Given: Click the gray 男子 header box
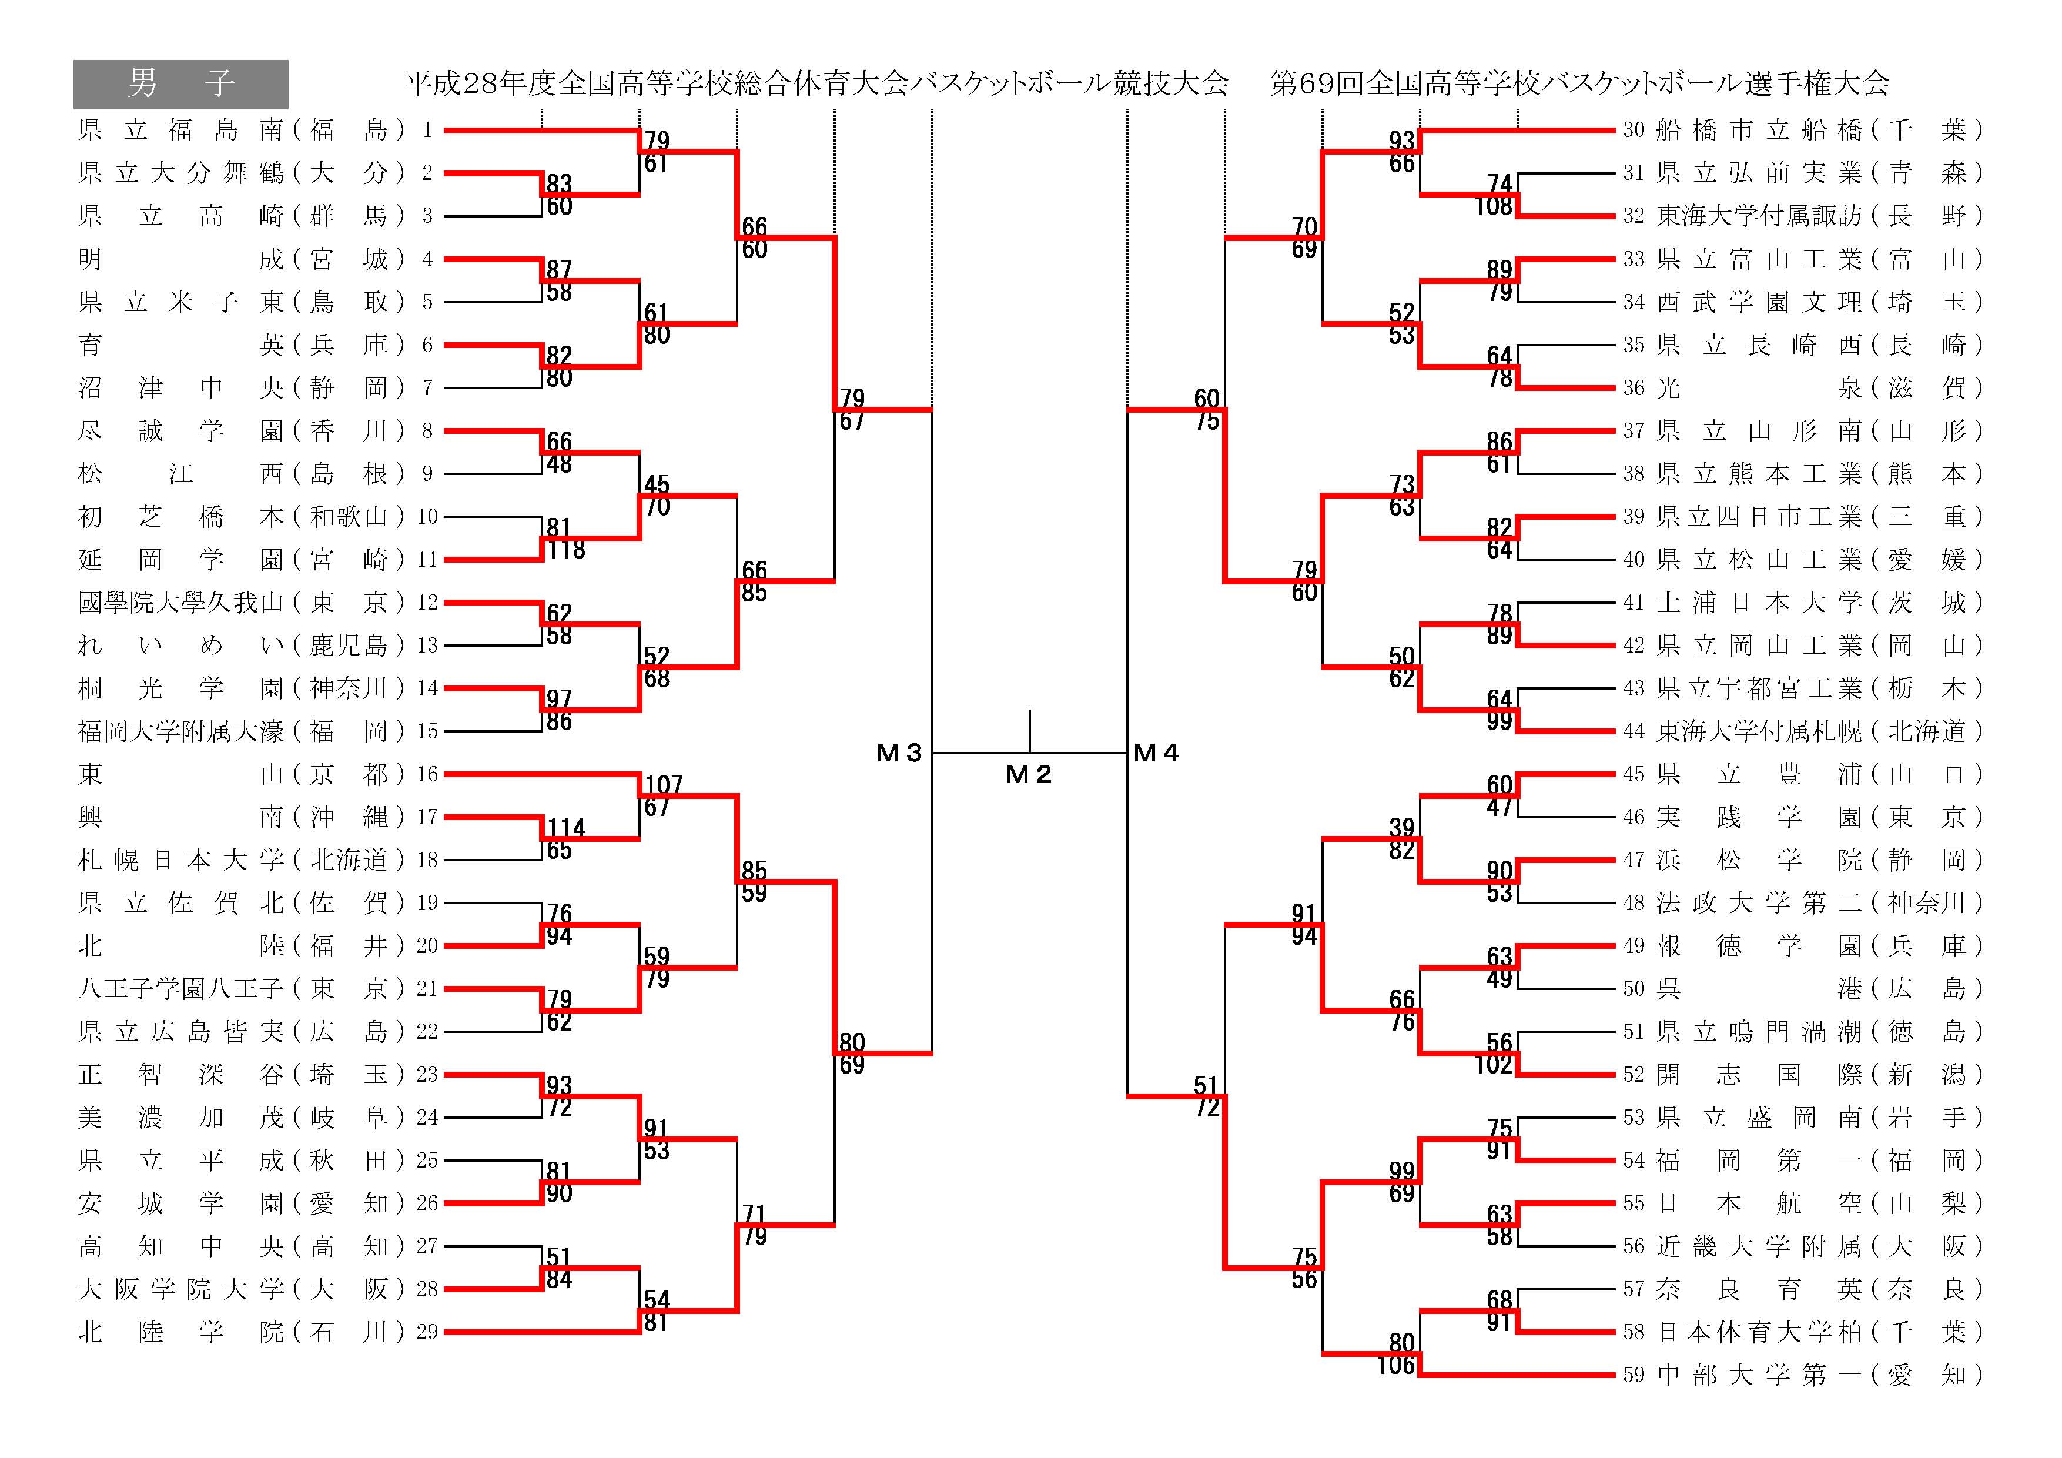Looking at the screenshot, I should (x=180, y=85).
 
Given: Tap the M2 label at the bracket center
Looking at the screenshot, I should (x=1028, y=774).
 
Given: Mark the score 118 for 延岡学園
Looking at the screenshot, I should (x=567, y=550).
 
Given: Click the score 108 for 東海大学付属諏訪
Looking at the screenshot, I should (x=1494, y=206).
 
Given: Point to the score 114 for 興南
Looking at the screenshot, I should (x=567, y=827).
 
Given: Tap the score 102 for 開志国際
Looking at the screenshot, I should (x=1494, y=1065).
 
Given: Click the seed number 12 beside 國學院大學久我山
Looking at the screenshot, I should (x=427, y=603).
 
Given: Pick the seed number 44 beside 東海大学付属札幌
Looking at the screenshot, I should (x=1633, y=731).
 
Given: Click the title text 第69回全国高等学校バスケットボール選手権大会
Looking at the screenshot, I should (x=1579, y=83).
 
